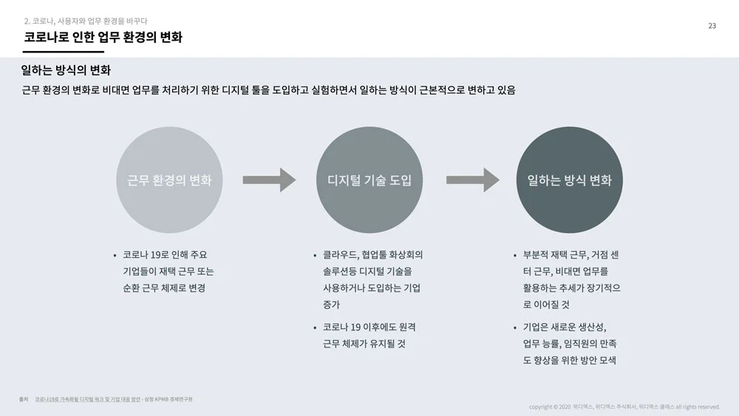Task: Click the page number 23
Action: [x=712, y=26]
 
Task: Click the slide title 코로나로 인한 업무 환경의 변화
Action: [x=103, y=37]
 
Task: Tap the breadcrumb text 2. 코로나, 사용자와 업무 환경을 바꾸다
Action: [x=86, y=21]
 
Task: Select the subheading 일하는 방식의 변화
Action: [x=66, y=71]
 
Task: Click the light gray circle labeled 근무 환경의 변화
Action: [x=169, y=180]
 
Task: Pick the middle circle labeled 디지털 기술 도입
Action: [x=369, y=180]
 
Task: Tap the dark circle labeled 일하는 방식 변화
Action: [x=569, y=180]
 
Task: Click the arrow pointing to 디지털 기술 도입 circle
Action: [x=269, y=180]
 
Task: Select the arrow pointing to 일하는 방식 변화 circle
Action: [x=472, y=180]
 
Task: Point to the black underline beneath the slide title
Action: [x=63, y=52]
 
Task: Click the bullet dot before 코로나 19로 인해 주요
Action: [x=115, y=256]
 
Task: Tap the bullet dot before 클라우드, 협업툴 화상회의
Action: [x=316, y=256]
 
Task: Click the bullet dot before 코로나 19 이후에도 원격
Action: [x=316, y=327]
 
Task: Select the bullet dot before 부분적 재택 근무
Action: [x=515, y=256]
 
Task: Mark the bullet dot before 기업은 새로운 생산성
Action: [x=515, y=327]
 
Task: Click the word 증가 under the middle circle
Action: [x=331, y=304]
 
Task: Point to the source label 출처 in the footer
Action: [x=24, y=399]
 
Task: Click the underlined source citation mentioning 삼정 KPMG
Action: [x=114, y=399]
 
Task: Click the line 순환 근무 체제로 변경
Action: [x=163, y=288]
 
